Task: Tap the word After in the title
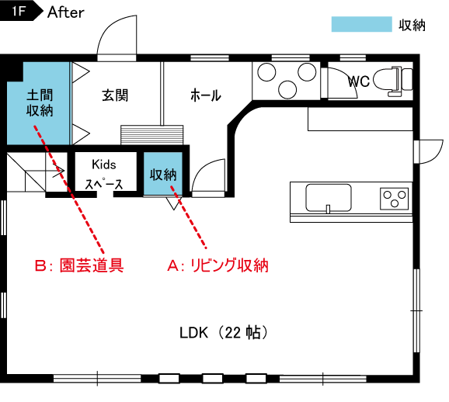(66, 12)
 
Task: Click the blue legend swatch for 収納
(361, 24)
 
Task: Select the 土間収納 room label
(40, 102)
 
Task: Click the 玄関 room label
(115, 95)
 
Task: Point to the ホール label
(206, 95)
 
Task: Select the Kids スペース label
(103, 174)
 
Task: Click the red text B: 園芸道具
(79, 265)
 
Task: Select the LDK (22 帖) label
(224, 333)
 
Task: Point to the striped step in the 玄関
(153, 134)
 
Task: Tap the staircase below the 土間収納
(31, 175)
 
